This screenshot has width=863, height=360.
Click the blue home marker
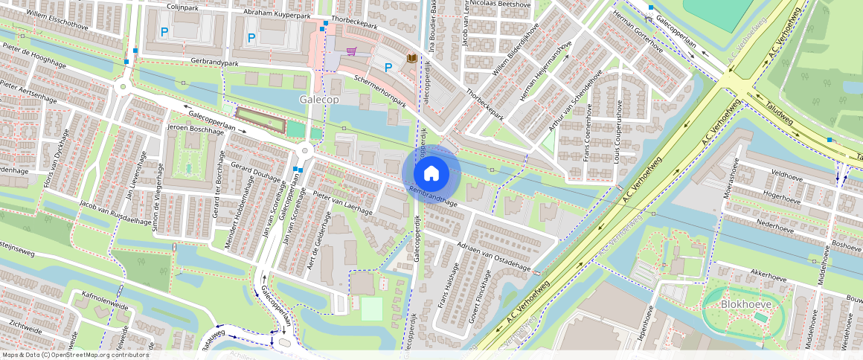(431, 173)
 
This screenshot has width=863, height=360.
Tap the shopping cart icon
(350, 51)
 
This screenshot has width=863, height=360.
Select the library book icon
(411, 58)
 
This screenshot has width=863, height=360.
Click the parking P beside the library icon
(388, 68)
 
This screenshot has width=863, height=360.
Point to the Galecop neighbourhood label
(318, 100)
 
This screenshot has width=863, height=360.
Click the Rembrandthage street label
(432, 196)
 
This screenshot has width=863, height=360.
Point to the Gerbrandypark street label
(196, 62)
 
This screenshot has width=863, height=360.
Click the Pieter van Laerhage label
(343, 203)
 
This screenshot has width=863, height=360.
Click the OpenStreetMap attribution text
(76, 355)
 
